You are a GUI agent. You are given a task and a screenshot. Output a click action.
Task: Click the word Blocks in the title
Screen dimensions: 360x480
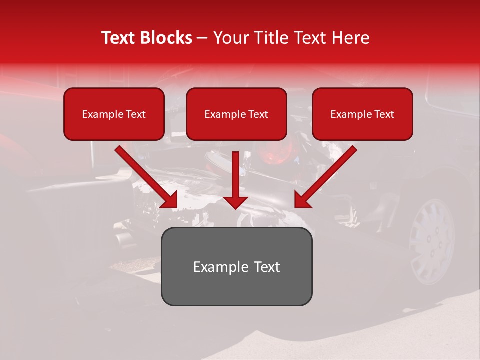(x=166, y=38)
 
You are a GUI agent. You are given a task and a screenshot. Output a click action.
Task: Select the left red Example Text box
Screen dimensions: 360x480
(x=114, y=114)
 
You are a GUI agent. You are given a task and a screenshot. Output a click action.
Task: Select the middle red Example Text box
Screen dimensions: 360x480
(x=236, y=114)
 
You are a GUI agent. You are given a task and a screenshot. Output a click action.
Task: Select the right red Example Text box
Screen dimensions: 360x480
(x=362, y=114)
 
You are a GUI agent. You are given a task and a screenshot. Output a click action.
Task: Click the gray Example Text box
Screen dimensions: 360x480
(x=236, y=266)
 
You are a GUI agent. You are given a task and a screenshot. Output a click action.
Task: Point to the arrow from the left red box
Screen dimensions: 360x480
(x=147, y=177)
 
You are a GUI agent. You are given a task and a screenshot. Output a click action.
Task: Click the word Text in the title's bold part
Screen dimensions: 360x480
(x=119, y=38)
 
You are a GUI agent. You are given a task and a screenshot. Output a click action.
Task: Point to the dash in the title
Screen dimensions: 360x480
(x=203, y=38)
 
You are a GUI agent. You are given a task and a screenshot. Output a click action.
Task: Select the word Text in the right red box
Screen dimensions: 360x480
(x=384, y=114)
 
